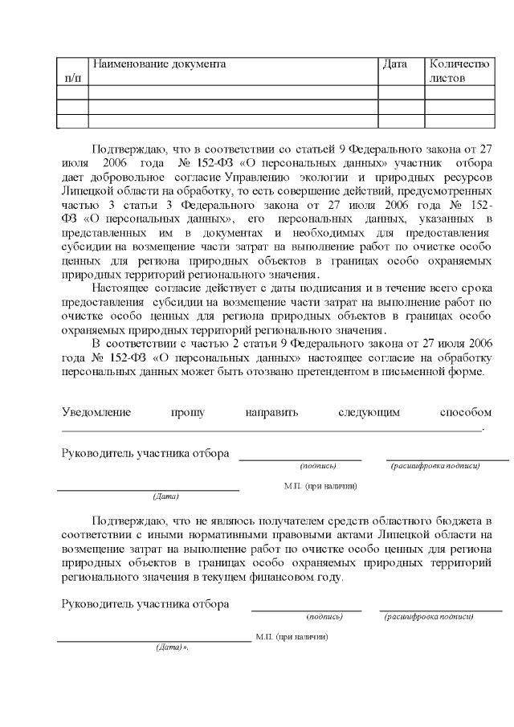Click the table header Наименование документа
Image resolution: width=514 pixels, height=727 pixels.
coord(159,63)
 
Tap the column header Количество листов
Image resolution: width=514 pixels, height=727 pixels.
coord(459,71)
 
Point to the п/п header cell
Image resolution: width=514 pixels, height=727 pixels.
coord(72,78)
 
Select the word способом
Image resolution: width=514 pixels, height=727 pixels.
coord(466,412)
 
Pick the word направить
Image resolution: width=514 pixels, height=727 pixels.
coord(272,412)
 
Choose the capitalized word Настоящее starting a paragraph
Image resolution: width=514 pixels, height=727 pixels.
coord(123,288)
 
